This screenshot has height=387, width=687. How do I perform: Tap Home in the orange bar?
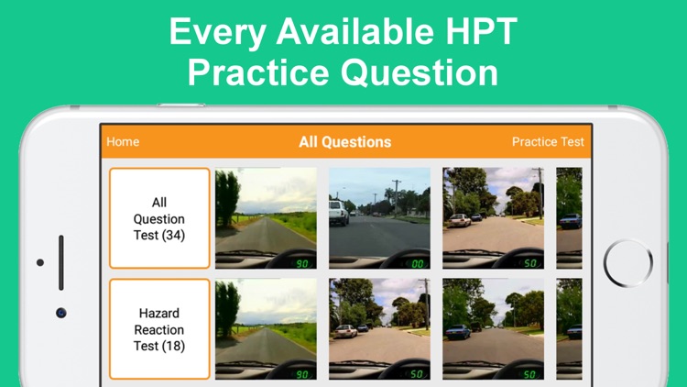(x=123, y=142)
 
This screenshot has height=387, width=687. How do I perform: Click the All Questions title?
(x=344, y=142)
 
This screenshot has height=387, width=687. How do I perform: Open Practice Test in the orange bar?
(x=548, y=142)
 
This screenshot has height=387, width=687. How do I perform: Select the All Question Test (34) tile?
(x=159, y=218)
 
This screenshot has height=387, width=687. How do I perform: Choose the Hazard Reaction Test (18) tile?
(x=159, y=329)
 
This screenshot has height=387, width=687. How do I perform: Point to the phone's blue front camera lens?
(x=60, y=313)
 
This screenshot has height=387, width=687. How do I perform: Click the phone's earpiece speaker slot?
(x=60, y=262)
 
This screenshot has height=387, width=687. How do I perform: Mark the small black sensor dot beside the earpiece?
(x=40, y=262)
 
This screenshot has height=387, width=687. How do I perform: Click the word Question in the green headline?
(x=420, y=72)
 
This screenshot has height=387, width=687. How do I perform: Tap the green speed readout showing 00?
(x=418, y=264)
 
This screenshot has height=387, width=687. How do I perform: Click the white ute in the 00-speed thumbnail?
(x=339, y=213)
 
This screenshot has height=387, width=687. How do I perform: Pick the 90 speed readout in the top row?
(x=302, y=264)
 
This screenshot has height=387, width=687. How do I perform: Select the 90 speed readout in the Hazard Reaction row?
(x=302, y=374)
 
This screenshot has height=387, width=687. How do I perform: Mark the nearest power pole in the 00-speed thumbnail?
(x=397, y=197)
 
